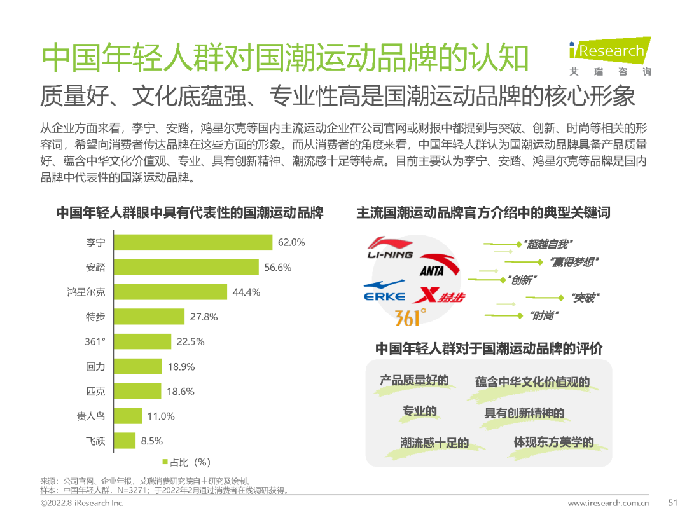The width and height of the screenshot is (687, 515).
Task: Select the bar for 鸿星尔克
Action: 170,292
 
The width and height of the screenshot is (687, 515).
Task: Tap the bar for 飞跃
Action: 126,441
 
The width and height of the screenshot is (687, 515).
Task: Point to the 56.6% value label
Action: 278,268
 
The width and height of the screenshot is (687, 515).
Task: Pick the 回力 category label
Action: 95,367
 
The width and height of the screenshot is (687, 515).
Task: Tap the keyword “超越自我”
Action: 546,244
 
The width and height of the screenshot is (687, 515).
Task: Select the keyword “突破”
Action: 585,297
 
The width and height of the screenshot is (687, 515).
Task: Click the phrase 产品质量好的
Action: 414,381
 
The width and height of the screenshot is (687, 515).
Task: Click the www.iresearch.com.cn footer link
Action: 608,503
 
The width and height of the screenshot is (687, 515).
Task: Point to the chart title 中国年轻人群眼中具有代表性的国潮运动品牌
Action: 190,212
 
